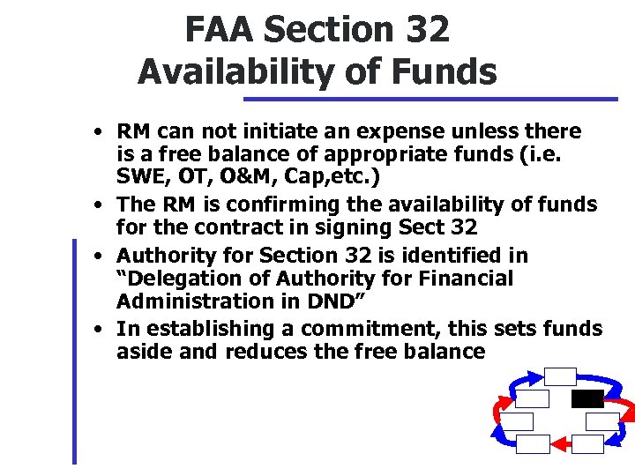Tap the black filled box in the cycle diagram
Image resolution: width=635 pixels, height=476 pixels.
[x=587, y=398]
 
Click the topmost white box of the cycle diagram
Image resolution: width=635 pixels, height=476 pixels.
[x=559, y=376]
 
